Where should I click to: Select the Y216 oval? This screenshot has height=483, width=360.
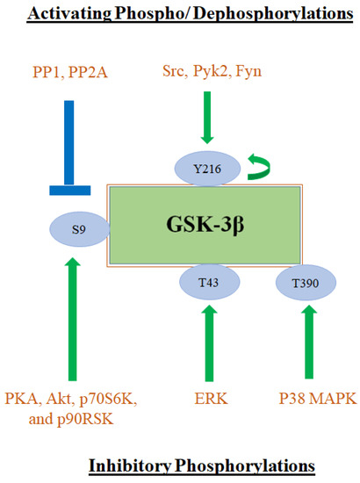pyautogui.click(x=206, y=167)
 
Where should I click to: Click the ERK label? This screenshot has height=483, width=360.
pyautogui.click(x=208, y=400)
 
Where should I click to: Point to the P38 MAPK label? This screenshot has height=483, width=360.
pyautogui.click(x=307, y=400)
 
